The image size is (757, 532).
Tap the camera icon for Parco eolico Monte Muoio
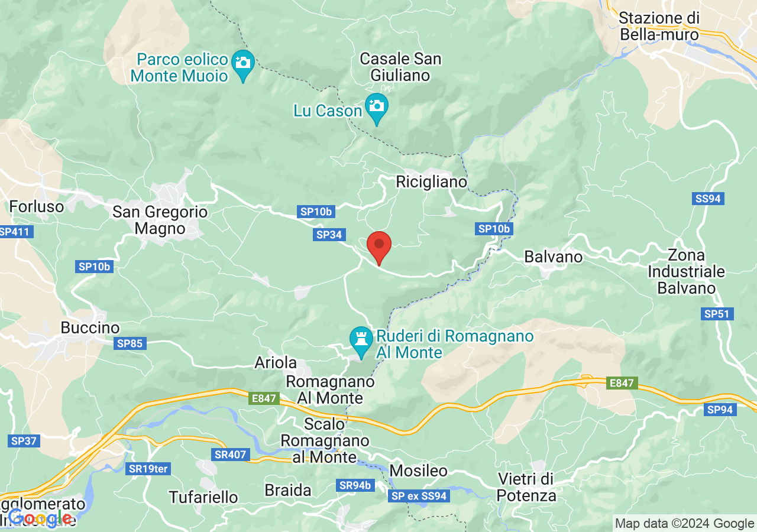243,62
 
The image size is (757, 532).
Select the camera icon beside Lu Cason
376,106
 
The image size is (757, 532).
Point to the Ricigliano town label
432,181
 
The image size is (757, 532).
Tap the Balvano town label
554,257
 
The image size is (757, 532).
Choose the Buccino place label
90,327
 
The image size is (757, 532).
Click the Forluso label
37,206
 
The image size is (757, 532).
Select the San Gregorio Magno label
160,220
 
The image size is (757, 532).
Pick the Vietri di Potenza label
526,486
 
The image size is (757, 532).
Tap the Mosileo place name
419,471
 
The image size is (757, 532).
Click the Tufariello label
203,497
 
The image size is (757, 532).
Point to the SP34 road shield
329,235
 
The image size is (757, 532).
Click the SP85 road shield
130,343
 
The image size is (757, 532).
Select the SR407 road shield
231,454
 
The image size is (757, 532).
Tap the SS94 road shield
708,199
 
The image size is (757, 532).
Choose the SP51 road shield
717,314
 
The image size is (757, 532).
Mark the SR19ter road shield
148,469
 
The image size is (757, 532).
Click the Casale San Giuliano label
400,67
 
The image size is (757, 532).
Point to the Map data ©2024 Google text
684,523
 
